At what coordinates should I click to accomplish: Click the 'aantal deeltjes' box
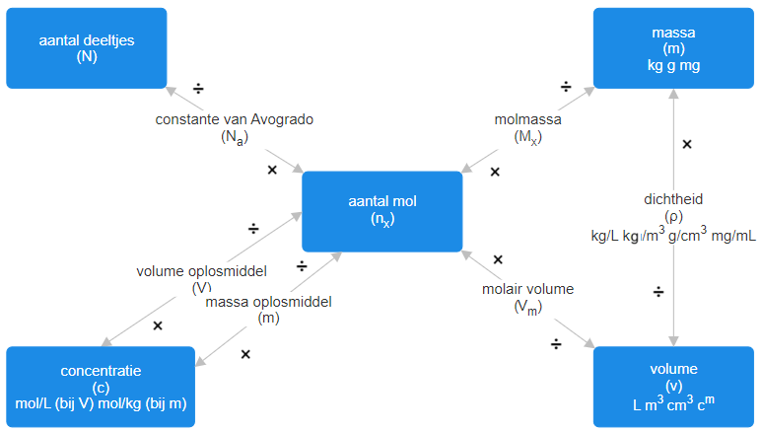click(87, 48)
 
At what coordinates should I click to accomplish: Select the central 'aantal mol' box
click(381, 211)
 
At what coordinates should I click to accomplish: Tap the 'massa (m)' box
click(674, 48)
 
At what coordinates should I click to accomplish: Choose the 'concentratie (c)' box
click(101, 387)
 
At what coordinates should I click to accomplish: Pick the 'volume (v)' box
click(674, 387)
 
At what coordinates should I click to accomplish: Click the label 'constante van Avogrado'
click(235, 119)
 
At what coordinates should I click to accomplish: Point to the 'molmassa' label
click(528, 119)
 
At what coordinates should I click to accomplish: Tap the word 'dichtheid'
click(673, 198)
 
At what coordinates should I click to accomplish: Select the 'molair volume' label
click(527, 289)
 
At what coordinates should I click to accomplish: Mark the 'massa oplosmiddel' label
click(269, 301)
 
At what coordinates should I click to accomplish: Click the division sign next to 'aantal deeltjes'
click(198, 89)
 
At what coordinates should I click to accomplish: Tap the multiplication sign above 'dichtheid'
click(687, 144)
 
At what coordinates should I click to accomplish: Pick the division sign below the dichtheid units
click(658, 292)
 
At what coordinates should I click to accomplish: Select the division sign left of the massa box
click(566, 87)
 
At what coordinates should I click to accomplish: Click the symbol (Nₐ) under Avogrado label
click(234, 138)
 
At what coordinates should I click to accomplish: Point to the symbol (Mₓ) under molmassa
click(528, 138)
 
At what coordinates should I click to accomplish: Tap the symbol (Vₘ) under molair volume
click(527, 308)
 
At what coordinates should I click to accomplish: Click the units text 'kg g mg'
click(674, 65)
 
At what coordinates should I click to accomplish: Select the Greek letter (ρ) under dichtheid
click(673, 217)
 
